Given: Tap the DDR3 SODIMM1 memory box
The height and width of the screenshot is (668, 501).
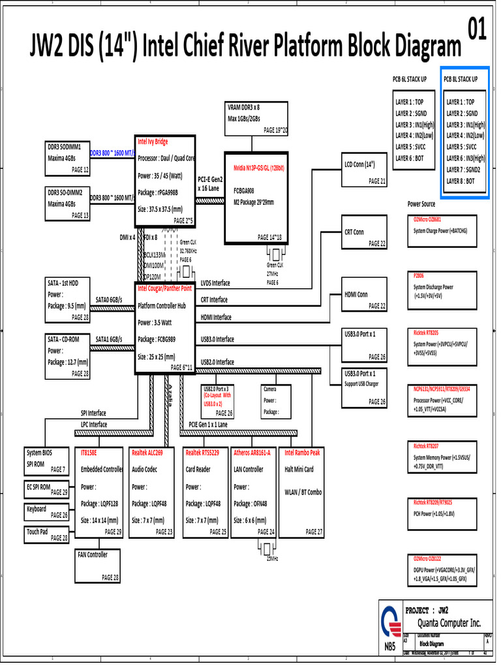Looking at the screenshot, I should click(67, 157).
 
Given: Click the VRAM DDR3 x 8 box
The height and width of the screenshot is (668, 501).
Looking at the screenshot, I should click(256, 118).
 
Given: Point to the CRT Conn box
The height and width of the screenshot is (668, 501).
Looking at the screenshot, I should click(365, 237).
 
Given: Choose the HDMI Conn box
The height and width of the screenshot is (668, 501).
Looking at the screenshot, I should click(365, 300).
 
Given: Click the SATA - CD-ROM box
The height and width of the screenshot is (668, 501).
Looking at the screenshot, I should click(67, 356).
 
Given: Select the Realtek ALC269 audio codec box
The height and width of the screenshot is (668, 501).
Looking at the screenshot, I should click(152, 492).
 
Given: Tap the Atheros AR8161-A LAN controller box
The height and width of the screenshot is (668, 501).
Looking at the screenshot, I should click(254, 492).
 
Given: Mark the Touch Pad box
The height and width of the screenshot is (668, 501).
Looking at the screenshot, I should click(46, 534).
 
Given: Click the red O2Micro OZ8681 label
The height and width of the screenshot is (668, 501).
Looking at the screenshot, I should click(427, 219).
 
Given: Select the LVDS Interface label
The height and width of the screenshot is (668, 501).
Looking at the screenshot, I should click(215, 283).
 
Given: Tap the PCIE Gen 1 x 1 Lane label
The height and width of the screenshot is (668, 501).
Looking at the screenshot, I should click(208, 424).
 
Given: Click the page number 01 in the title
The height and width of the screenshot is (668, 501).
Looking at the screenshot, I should click(477, 31).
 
